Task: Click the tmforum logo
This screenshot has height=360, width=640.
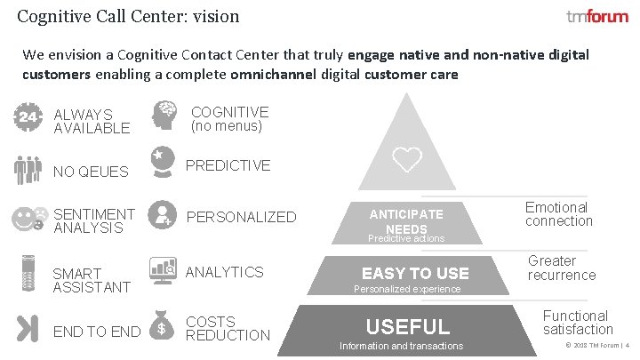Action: tap(596, 17)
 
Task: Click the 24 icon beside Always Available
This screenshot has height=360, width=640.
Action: tap(28, 118)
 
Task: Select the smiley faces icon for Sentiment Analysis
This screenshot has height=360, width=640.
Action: tap(29, 219)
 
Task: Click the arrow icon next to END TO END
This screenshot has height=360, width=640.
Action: tap(28, 328)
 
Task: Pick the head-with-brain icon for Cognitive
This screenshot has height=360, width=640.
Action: tap(164, 116)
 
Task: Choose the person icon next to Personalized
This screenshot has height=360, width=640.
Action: tap(163, 214)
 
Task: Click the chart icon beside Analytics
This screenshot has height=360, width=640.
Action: tap(163, 269)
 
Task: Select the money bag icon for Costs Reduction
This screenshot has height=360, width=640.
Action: tap(163, 325)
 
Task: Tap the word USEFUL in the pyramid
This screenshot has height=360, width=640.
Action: tap(408, 326)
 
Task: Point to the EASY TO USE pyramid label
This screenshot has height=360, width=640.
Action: tap(415, 273)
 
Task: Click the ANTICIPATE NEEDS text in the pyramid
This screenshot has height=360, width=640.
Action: tap(406, 221)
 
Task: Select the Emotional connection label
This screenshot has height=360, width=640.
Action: tap(558, 214)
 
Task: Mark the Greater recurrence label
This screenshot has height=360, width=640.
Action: tap(562, 268)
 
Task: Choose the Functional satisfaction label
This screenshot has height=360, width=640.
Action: tap(576, 322)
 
